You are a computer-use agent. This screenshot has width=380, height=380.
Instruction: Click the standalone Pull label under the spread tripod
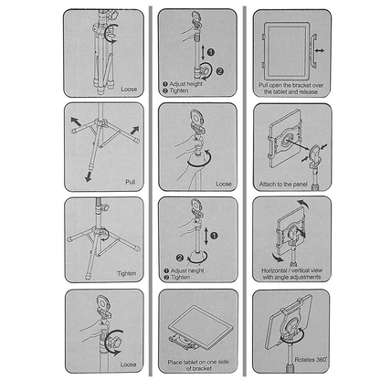(x=131, y=182)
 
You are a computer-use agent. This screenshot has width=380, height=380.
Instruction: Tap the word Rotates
(x=304, y=360)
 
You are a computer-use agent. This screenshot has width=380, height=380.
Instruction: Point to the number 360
(x=321, y=359)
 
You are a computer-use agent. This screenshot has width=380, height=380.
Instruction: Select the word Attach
(x=267, y=185)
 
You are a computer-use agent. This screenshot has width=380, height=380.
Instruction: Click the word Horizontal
(x=274, y=270)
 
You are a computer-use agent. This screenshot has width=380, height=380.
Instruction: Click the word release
(x=309, y=91)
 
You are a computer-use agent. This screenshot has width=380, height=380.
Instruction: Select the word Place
(x=174, y=362)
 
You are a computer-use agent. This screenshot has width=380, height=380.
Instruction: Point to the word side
(x=223, y=362)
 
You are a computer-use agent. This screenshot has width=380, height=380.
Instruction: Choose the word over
(x=318, y=85)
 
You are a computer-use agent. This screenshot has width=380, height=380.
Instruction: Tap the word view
(x=317, y=270)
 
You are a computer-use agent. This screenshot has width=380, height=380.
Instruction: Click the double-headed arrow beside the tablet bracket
(x=320, y=50)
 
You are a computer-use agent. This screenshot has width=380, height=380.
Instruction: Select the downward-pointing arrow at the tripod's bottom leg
(x=89, y=176)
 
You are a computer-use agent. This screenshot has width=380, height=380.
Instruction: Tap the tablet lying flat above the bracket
(x=200, y=326)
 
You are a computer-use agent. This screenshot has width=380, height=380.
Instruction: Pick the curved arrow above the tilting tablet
(x=302, y=203)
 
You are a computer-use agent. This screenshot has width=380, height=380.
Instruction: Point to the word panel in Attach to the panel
(x=300, y=185)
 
